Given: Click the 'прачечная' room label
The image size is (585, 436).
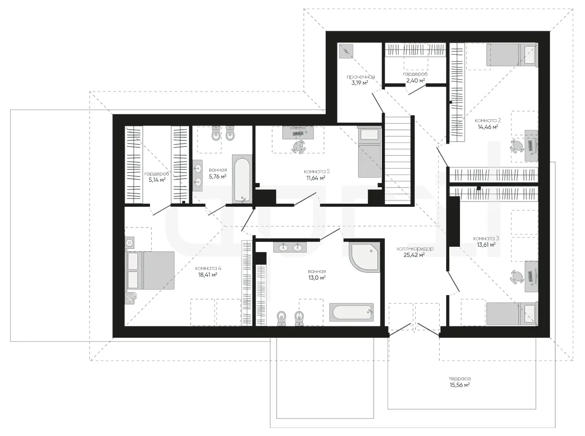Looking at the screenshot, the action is (x=360, y=77).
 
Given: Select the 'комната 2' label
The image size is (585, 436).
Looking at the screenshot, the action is (x=488, y=120).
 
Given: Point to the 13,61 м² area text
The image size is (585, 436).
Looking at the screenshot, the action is (x=486, y=245).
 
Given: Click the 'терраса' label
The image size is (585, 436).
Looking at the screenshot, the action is (x=459, y=379).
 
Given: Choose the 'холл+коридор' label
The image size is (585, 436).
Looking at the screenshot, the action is (x=415, y=248).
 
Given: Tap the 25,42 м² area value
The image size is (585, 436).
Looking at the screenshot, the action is (x=414, y=255).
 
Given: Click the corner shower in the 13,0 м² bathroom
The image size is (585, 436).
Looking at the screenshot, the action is (x=364, y=257).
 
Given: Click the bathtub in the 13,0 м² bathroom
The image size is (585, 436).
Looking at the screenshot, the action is (x=351, y=312).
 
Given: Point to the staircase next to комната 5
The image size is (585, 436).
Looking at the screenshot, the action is (x=397, y=160).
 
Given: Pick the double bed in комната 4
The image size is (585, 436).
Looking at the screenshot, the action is (x=150, y=271).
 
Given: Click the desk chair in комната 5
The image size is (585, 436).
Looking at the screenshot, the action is (x=298, y=146).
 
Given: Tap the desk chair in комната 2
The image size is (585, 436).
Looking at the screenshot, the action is (x=517, y=146).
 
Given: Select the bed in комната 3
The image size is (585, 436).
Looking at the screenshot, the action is (x=512, y=313).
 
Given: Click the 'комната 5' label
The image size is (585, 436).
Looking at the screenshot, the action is (x=317, y=171).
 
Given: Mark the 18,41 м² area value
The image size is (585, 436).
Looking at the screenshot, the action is (x=208, y=275).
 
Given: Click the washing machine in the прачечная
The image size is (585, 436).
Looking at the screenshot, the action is (x=345, y=51).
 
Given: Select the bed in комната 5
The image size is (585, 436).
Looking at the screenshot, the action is (x=369, y=152).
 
